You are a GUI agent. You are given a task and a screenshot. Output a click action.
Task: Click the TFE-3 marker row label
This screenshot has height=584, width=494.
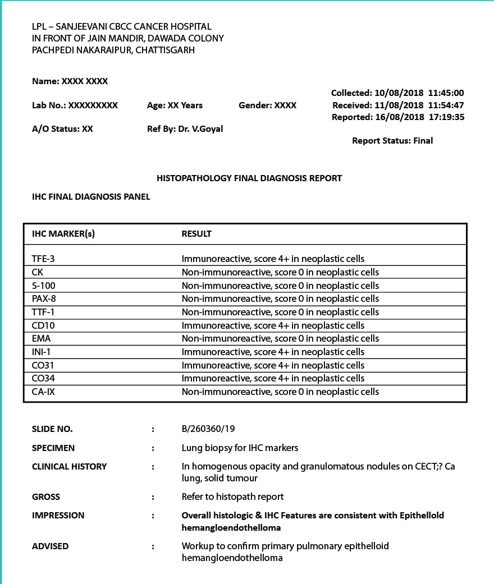44,259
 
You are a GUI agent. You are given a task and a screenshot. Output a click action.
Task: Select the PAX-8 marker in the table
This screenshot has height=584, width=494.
44,298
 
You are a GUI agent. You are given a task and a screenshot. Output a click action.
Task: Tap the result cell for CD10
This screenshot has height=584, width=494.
273,325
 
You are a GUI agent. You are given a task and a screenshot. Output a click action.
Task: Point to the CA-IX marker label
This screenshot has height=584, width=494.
44,392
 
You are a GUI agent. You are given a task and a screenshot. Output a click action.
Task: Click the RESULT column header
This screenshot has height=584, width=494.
196,234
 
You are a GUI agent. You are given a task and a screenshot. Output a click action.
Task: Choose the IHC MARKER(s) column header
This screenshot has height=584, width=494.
63,234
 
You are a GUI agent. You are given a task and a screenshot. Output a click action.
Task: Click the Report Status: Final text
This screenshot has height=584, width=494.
392,141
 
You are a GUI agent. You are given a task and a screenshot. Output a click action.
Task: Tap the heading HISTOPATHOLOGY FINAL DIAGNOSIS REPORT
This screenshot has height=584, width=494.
249,178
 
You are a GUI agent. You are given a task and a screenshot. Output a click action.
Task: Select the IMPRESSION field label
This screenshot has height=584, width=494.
58,516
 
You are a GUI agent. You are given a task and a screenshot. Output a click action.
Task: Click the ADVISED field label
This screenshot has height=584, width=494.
51,546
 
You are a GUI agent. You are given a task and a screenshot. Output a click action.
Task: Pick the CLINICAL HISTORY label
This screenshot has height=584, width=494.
70,467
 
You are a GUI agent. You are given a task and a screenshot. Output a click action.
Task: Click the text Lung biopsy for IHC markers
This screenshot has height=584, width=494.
240,448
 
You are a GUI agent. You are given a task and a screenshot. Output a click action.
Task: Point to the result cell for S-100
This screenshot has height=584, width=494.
280,286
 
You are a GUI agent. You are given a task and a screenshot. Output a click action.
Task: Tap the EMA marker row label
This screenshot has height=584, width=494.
42,338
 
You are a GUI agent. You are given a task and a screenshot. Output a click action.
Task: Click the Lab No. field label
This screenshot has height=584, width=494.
49,105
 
